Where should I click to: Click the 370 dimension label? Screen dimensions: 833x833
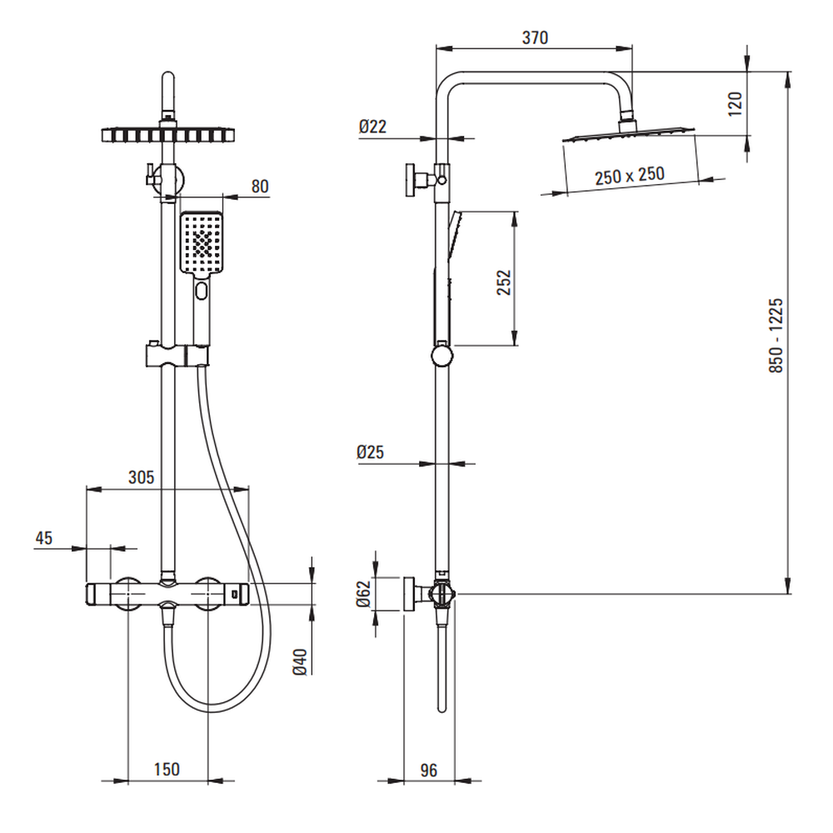(x=535, y=38)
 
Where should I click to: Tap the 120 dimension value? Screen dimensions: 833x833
(x=736, y=104)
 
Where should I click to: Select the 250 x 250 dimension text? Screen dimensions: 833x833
(x=630, y=175)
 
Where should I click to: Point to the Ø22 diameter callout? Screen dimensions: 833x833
(x=372, y=127)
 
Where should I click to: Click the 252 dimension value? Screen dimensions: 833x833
(x=504, y=282)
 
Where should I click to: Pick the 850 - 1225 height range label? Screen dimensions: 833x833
(x=776, y=335)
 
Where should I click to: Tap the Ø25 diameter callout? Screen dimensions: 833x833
(x=371, y=452)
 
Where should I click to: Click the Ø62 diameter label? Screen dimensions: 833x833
(x=363, y=594)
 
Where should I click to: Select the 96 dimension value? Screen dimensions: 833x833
(x=428, y=770)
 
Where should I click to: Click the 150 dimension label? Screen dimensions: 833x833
(x=167, y=769)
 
